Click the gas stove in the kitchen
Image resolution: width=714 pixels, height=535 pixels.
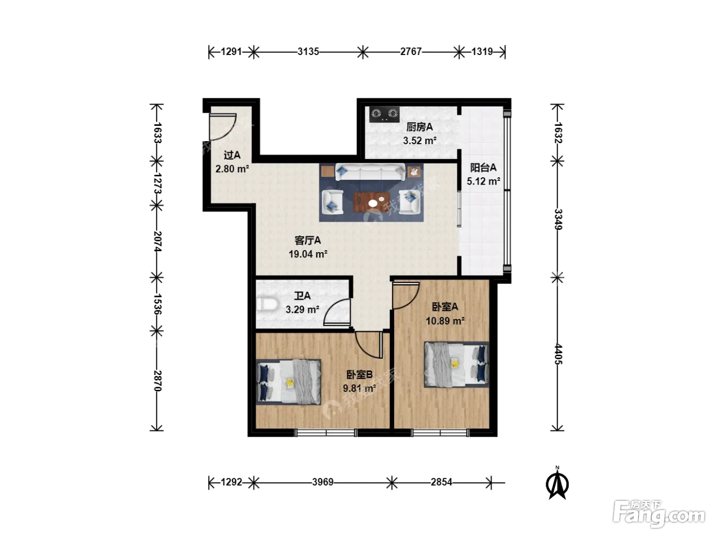(384, 115)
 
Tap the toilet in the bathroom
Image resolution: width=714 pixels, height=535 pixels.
(267, 305)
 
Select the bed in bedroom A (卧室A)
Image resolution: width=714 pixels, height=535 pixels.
(456, 364)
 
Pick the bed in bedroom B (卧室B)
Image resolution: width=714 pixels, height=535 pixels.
(289, 382)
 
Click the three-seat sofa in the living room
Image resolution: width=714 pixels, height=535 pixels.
(370, 172)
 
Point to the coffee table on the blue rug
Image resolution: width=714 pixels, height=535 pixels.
(371, 202)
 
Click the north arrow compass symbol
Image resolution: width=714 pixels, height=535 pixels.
(557, 483)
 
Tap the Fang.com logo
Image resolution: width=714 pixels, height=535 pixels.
(659, 514)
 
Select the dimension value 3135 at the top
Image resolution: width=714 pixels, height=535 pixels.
(308, 51)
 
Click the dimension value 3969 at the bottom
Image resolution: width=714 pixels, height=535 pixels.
(323, 482)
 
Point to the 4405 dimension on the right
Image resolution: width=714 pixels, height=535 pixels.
(558, 354)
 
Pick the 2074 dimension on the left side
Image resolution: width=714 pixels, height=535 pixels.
(158, 242)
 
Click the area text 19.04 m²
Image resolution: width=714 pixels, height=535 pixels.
(308, 254)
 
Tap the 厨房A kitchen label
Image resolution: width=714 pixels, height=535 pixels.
(419, 127)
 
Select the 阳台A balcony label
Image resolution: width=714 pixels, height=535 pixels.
(483, 168)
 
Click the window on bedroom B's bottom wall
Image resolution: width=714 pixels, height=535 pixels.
(326, 433)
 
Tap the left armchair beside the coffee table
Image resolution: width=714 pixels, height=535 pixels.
(332, 202)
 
